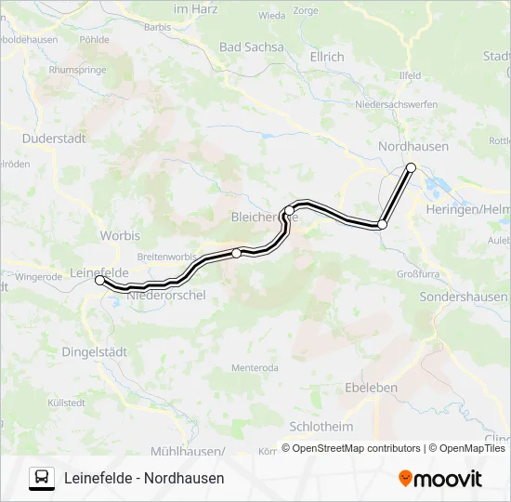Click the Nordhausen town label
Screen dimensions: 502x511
[x=413, y=146]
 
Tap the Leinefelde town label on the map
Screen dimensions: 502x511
[x=98, y=272]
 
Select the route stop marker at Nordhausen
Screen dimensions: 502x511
[x=411, y=167]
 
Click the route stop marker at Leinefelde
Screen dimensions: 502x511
[x=99, y=280]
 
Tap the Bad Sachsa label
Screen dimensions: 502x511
[x=251, y=46]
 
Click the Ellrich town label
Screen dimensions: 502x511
[x=326, y=57]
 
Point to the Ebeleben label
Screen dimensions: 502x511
[x=371, y=387]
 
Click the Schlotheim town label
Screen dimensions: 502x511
[x=321, y=426]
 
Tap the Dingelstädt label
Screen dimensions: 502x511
[x=94, y=351]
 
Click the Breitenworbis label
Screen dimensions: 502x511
[x=166, y=256]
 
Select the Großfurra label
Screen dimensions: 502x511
[x=417, y=274]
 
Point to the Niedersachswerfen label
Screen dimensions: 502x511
[x=399, y=104]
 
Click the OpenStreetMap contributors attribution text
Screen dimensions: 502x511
[x=350, y=448]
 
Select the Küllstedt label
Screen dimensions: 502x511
[x=66, y=403]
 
